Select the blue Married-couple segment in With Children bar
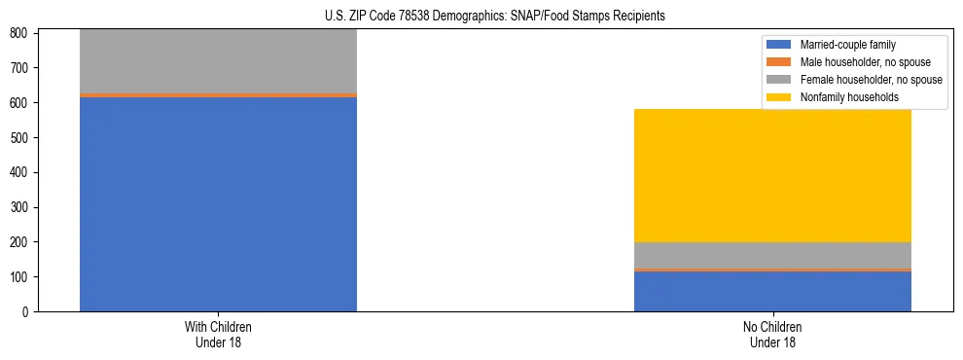[x=218, y=204]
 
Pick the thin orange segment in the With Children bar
[x=218, y=95]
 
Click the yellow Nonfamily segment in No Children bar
[x=772, y=175]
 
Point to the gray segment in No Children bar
[x=772, y=255]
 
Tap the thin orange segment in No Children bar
[x=772, y=270]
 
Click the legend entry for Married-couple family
[x=847, y=45]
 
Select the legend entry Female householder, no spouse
[x=871, y=80]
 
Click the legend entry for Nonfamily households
[x=849, y=97]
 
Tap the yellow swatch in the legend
[x=779, y=97]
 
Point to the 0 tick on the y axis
[x=27, y=312]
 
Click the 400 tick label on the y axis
[x=21, y=172]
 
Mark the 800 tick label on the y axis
[x=21, y=33]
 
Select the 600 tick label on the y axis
[x=21, y=103]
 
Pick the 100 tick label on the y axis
[x=21, y=277]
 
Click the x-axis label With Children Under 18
[x=218, y=334]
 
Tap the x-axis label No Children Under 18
[x=772, y=334]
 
